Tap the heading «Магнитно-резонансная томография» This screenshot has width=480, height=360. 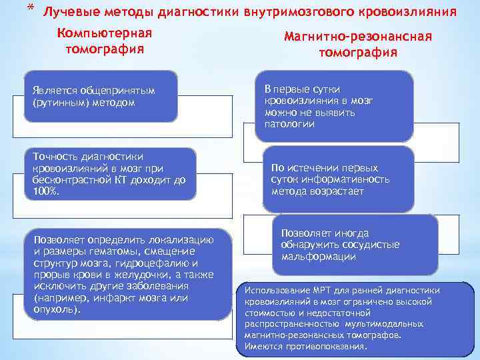point(358,45)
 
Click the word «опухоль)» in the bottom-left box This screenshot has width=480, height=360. point(57,310)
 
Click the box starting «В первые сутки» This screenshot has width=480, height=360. point(337,107)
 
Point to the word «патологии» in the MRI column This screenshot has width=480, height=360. point(289,124)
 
